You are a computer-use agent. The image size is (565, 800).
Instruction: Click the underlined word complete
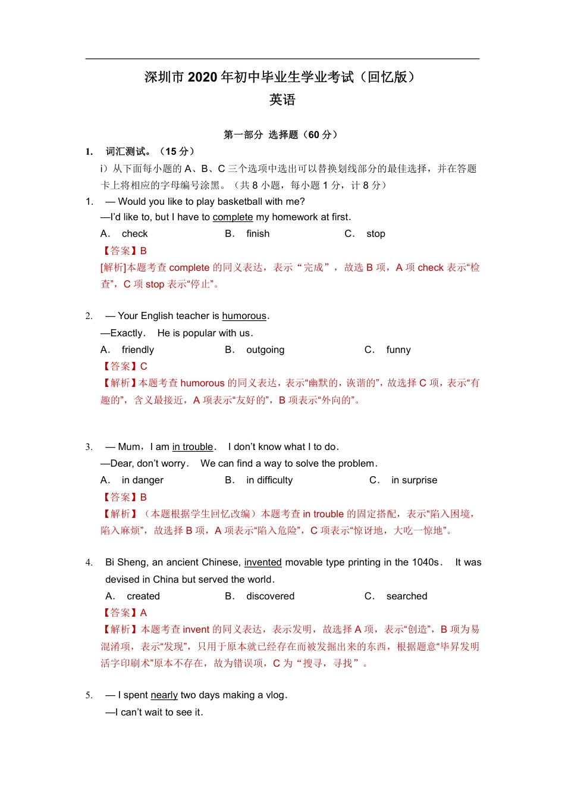[233, 217]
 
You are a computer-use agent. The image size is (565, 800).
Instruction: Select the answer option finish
[258, 234]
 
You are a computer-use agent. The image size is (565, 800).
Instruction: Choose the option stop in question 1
[375, 234]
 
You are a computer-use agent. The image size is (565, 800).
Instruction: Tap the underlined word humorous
[244, 316]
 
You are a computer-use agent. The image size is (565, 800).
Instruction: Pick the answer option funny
[398, 350]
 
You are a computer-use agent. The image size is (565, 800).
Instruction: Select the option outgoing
[265, 350]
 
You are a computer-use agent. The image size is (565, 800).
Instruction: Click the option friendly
[137, 350]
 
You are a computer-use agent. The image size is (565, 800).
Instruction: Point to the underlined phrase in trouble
[192, 447]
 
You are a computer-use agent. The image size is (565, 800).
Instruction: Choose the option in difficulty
[269, 480]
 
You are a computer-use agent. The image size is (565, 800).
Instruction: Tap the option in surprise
[414, 480]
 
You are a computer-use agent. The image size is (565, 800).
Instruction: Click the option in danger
[142, 480]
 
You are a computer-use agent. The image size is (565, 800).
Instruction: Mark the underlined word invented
[263, 562]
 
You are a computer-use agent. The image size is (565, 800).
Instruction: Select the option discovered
[270, 596]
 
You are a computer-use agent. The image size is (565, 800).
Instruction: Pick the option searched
[406, 596]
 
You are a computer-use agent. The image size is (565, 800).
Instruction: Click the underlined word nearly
[164, 695]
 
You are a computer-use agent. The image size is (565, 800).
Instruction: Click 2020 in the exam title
[202, 77]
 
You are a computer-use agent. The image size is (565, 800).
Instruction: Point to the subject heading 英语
[282, 100]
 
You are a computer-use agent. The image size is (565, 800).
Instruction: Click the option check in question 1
[134, 234]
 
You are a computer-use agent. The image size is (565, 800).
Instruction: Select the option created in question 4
[143, 596]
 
